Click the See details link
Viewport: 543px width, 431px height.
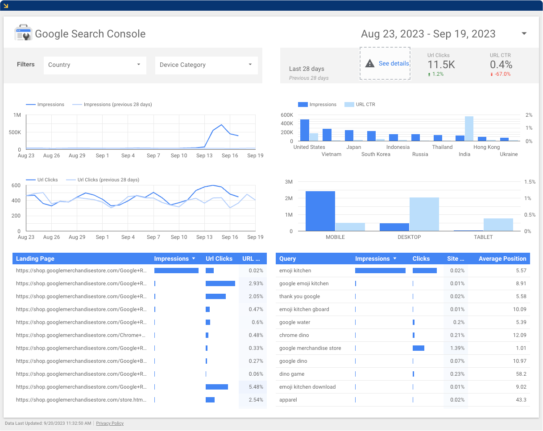point(394,64)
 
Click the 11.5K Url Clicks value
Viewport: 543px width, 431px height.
point(441,65)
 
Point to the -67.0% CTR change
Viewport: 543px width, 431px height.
point(502,74)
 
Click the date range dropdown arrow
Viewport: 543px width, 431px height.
point(524,34)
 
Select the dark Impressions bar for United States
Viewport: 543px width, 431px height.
point(305,130)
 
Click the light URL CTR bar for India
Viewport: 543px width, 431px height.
point(469,129)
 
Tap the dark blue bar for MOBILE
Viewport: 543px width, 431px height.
point(320,211)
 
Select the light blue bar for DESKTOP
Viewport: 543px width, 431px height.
point(424,214)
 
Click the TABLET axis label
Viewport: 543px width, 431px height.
point(483,237)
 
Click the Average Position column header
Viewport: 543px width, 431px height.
point(502,259)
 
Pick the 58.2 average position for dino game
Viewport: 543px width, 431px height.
point(521,374)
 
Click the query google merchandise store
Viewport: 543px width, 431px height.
point(310,348)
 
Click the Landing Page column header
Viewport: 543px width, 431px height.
point(35,259)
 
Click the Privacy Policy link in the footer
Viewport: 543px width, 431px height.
point(110,423)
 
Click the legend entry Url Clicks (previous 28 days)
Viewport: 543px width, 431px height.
point(108,180)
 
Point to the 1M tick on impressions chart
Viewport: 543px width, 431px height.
point(17,115)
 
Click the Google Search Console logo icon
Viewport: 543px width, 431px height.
point(23,33)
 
